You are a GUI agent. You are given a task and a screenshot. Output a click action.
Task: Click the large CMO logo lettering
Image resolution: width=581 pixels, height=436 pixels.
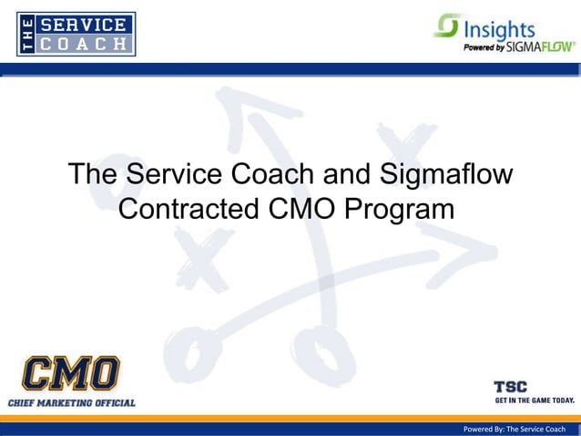pyautogui.click(x=71, y=374)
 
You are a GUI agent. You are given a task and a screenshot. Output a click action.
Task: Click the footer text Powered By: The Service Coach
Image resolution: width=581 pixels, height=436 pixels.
pyautogui.click(x=515, y=429)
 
